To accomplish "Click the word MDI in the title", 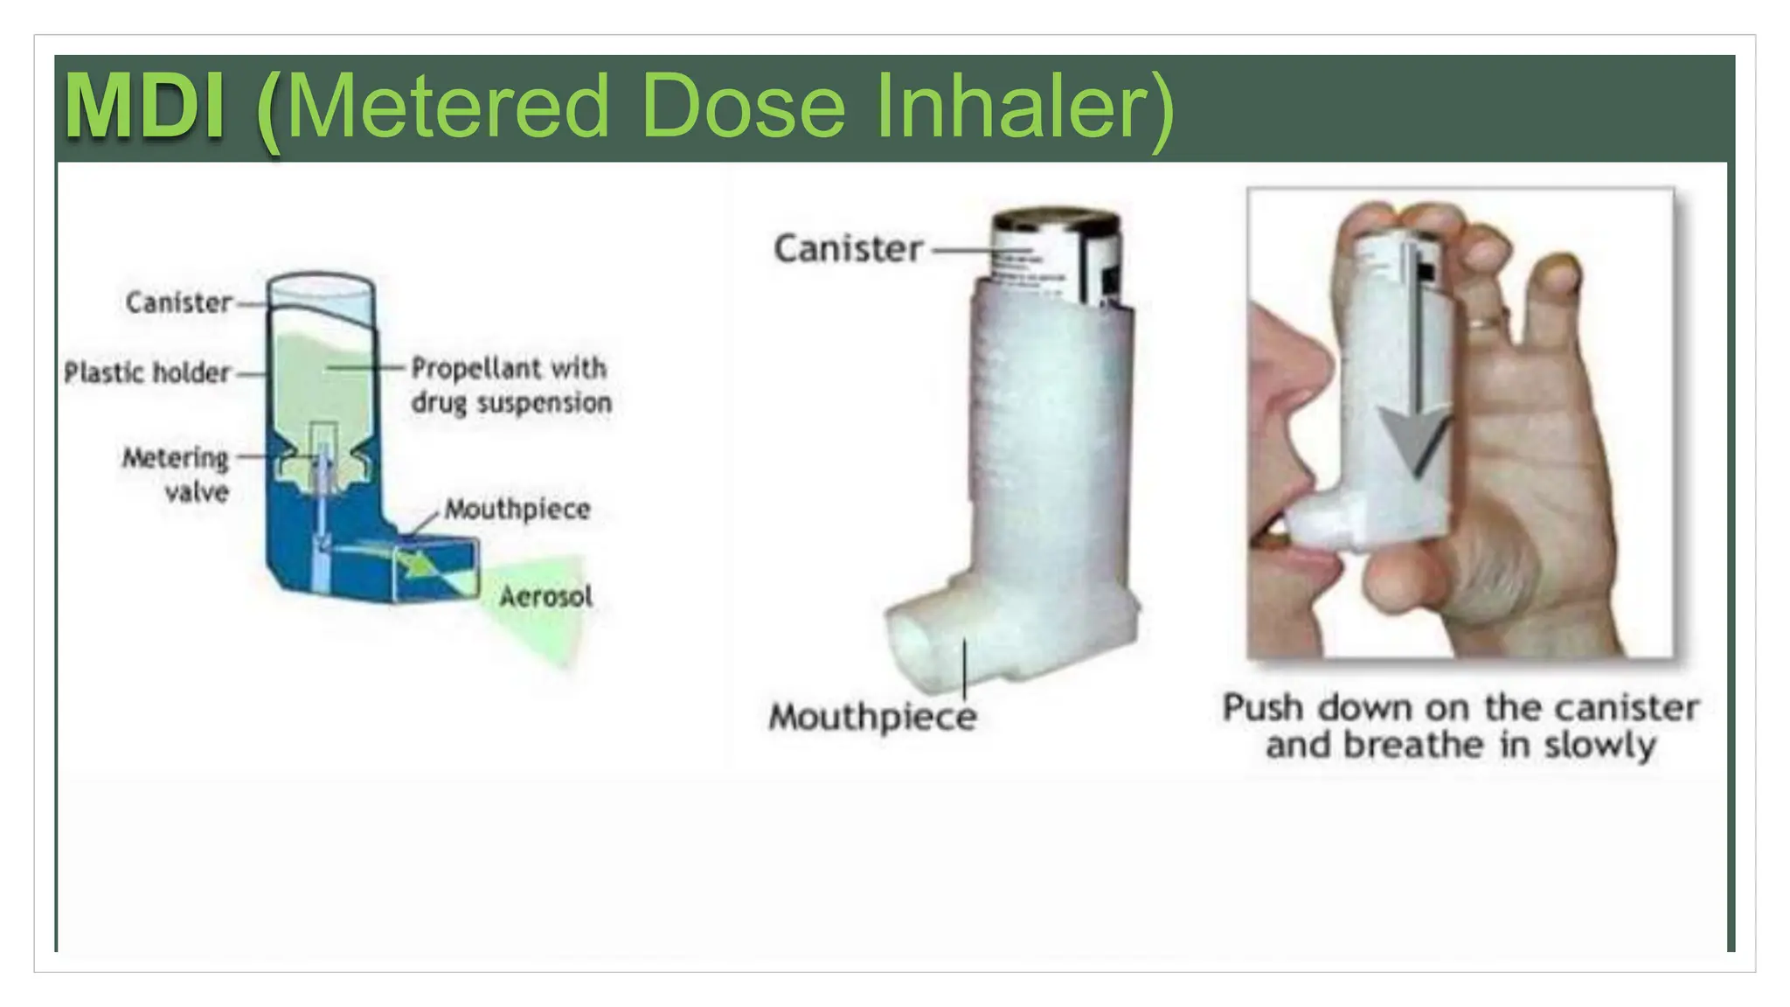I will [145, 107].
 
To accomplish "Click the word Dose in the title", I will [743, 107].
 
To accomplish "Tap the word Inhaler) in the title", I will [1024, 107].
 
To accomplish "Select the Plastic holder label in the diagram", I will [147, 372].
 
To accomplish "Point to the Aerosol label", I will [545, 597].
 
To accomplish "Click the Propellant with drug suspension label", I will [510, 385].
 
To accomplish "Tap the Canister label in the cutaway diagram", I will [178, 302].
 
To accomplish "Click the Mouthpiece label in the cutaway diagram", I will [517, 509].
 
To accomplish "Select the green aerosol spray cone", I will [542, 612].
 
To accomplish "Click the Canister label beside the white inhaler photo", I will [848, 249].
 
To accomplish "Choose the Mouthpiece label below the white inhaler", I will [872, 717].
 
